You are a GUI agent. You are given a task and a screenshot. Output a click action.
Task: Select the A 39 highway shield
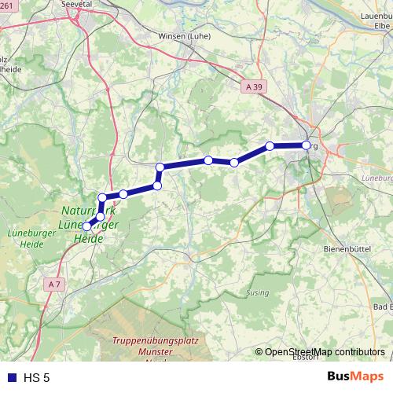pyautogui.click(x=253, y=88)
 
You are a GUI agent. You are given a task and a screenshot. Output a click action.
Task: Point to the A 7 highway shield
pyautogui.click(x=53, y=284)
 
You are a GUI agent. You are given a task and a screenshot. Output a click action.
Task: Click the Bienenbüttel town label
pyautogui.click(x=346, y=248)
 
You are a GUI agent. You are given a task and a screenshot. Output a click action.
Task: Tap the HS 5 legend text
pyautogui.click(x=35, y=378)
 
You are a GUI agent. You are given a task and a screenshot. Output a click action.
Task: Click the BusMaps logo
pyautogui.click(x=355, y=377)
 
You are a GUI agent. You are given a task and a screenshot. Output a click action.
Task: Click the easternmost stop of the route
pyautogui.click(x=307, y=145)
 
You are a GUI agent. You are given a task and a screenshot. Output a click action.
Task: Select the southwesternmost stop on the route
pyautogui.click(x=86, y=226)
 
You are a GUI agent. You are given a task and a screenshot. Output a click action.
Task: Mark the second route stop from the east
pyautogui.click(x=270, y=145)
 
